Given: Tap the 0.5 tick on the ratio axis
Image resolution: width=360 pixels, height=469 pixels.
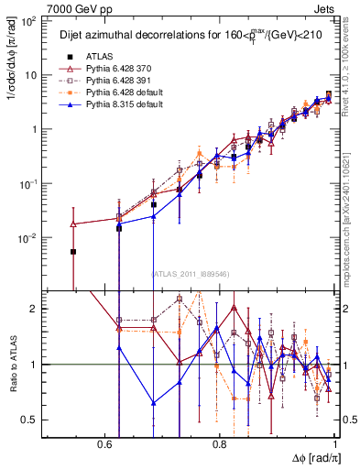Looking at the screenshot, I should pos(31,420).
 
